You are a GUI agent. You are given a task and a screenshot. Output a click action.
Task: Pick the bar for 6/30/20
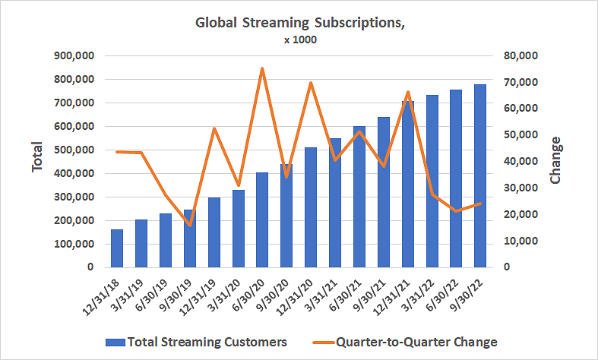coord(262,220)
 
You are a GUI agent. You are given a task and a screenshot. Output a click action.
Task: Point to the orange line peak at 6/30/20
coord(262,68)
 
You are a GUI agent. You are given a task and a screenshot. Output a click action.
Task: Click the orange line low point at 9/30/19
coord(190,226)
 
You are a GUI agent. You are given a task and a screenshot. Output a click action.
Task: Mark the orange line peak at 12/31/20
coord(311,82)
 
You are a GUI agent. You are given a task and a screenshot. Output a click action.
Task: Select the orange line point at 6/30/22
coord(456,210)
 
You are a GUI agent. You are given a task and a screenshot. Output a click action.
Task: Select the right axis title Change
coord(555,160)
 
